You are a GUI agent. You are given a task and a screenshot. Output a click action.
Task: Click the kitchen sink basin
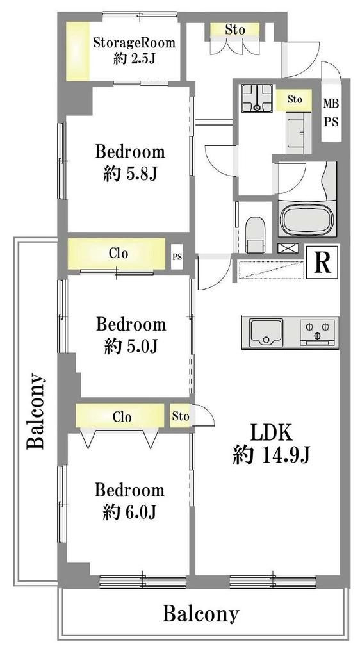point(266,332)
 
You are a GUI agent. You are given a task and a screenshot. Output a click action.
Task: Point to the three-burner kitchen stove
point(318,332)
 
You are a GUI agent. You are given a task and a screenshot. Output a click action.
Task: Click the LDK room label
point(270,434)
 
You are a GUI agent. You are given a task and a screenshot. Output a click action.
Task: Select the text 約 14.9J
point(271,455)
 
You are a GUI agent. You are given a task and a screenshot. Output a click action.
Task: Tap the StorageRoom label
point(133,43)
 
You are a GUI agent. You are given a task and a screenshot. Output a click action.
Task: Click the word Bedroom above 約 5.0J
point(131,324)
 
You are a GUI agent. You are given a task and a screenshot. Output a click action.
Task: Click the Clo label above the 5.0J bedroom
point(119,253)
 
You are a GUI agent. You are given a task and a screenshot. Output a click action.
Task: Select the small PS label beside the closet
point(177,256)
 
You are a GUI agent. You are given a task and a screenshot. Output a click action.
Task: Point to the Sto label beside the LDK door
point(180,416)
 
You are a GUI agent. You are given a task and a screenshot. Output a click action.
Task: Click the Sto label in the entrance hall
point(234,29)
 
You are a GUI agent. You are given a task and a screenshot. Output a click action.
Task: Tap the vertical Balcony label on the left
point(35,411)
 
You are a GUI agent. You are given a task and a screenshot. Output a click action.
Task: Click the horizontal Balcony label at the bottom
point(200,614)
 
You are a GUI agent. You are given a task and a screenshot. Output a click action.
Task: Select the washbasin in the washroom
point(297,132)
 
